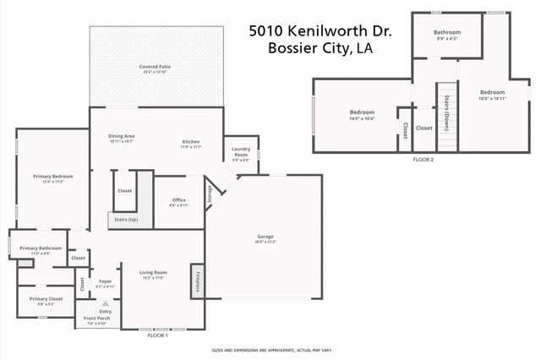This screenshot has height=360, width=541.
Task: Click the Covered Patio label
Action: [x=156, y=67]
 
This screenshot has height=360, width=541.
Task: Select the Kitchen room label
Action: [x=190, y=141]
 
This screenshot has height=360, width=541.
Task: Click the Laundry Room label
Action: [x=240, y=153]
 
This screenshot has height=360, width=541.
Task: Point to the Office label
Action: [x=178, y=200]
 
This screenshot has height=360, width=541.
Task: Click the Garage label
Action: [x=265, y=237]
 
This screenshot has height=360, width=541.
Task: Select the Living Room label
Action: [x=153, y=273]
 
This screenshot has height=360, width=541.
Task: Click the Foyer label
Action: [x=105, y=281]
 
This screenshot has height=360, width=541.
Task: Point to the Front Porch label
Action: [x=96, y=319]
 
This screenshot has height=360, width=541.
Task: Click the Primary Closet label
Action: [x=46, y=299]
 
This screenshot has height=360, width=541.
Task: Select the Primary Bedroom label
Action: [x=52, y=177]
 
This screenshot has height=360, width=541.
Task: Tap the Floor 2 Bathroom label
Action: [x=446, y=33]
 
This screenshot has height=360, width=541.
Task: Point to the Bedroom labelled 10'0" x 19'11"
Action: [x=492, y=92]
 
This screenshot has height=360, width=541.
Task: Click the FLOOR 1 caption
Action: [x=158, y=335]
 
